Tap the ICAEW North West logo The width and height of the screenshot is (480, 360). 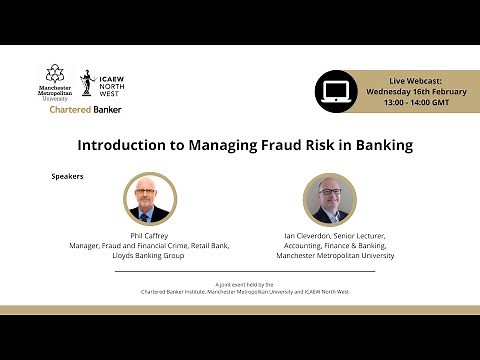100,83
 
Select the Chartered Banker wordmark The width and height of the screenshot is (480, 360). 85,109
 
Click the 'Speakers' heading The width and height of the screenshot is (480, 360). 67,176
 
